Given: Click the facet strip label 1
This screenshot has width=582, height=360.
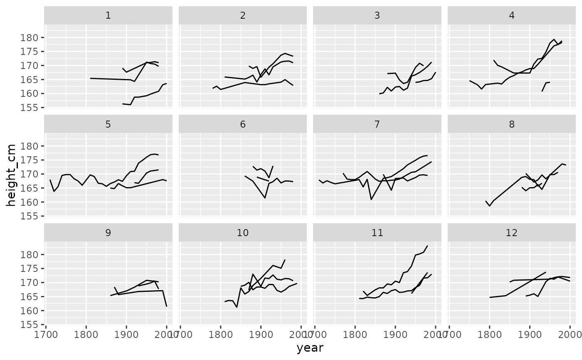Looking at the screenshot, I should tap(108, 16).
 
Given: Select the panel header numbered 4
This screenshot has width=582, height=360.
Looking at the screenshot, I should tap(512, 16).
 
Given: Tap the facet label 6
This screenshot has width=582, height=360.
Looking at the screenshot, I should tap(243, 124).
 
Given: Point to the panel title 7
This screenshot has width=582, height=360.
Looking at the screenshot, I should tap(377, 124).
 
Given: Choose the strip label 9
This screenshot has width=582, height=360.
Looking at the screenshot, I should tap(108, 233).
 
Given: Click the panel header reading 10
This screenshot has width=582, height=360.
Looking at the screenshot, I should tap(243, 233).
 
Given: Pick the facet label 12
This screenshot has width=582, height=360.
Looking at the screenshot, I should tap(512, 233).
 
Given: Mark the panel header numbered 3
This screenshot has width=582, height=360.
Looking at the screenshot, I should tap(377, 16).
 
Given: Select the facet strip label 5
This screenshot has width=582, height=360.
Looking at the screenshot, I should tap(108, 124).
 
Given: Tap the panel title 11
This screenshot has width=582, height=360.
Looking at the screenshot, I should tap(377, 233).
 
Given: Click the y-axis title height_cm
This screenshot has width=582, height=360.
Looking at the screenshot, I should tap(11, 175).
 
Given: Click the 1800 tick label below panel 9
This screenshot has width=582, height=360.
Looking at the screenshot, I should tap(86, 335).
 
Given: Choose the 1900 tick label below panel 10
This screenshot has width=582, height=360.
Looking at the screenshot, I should tap(261, 335).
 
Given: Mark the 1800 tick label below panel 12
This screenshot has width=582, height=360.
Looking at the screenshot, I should tap(489, 335).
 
